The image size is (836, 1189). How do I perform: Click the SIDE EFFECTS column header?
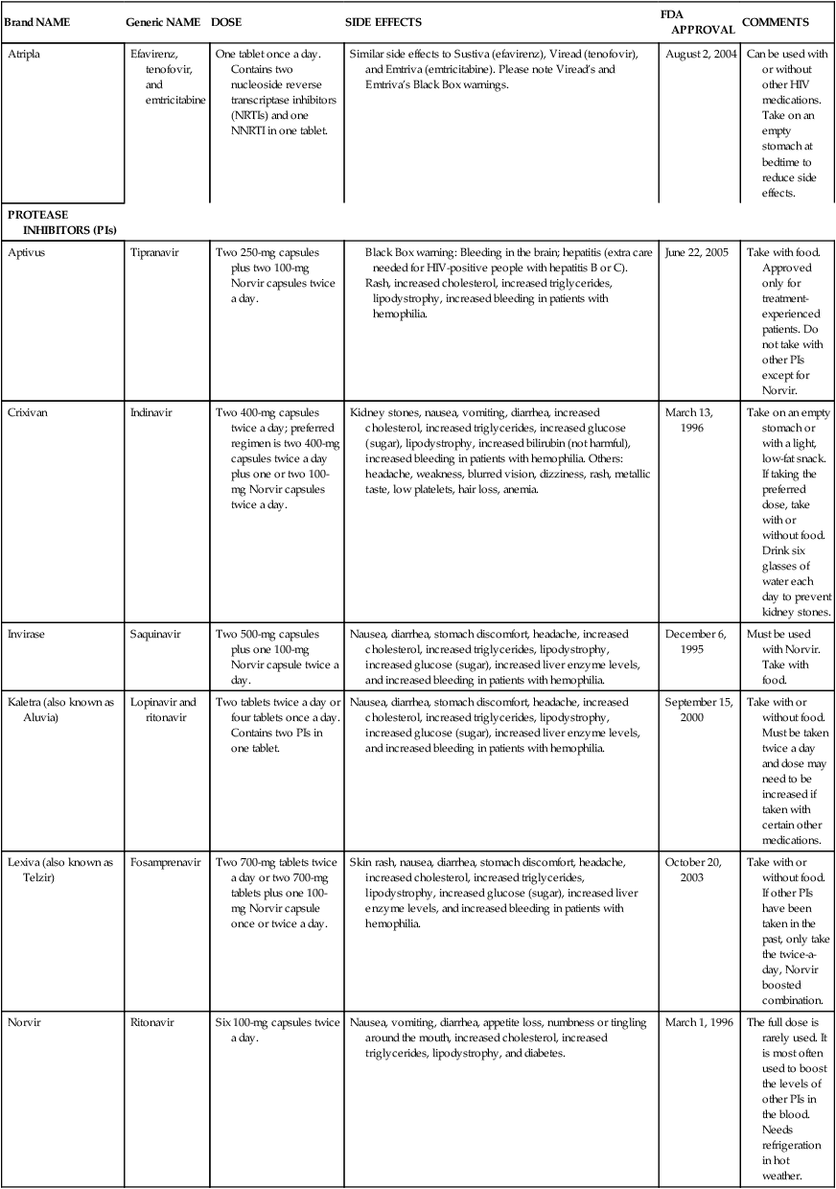[383, 22]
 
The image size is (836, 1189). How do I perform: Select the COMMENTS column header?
[776, 22]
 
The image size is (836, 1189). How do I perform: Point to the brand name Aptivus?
[26, 252]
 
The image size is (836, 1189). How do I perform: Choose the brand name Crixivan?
[28, 411]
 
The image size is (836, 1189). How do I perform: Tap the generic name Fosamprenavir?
[165, 862]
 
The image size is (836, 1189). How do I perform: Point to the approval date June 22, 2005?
[696, 252]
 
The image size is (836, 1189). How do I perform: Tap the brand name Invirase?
[27, 634]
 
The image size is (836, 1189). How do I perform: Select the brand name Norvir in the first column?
[24, 1022]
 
